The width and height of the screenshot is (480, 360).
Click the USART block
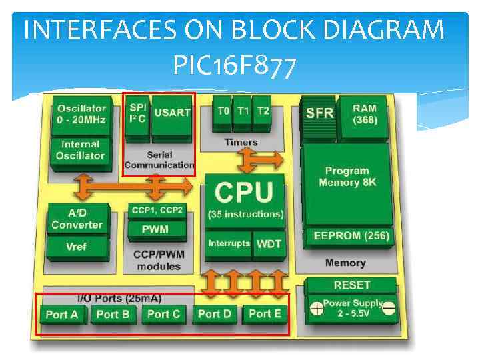[x=172, y=113]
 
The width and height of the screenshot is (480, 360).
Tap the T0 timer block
[x=223, y=111]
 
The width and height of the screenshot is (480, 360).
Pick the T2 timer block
[x=263, y=111]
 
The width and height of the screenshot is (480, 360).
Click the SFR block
[x=319, y=114]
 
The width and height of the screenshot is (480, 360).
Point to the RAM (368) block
[x=364, y=115]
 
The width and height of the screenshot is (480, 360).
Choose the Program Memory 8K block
[x=347, y=177]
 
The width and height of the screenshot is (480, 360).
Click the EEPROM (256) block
[x=347, y=236]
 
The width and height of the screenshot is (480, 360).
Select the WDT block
[x=269, y=243]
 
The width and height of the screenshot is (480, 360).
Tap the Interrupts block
[x=229, y=243]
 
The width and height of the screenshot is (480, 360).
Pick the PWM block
[x=155, y=229]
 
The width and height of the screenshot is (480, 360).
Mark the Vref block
[x=76, y=246]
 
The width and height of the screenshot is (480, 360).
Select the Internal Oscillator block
[x=80, y=150]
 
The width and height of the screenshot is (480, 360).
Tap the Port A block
[x=62, y=315]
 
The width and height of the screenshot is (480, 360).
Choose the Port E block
[x=265, y=314]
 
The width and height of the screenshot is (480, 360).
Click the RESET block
[x=351, y=285]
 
